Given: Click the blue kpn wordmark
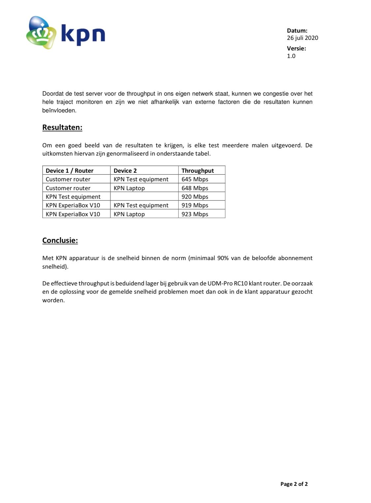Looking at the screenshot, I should click(x=83, y=34).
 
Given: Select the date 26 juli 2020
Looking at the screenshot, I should click(x=302, y=38).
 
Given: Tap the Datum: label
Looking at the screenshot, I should click(x=297, y=31).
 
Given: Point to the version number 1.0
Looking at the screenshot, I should click(x=291, y=56).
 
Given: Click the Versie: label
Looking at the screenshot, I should click(x=296, y=48).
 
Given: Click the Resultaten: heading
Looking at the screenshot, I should click(x=62, y=128).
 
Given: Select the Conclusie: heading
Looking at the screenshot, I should click(x=60, y=240).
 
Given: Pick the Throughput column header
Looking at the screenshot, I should click(x=198, y=170).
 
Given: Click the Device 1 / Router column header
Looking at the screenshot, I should click(x=70, y=170).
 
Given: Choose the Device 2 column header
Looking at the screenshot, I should click(x=125, y=170).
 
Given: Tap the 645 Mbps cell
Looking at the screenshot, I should click(x=195, y=179).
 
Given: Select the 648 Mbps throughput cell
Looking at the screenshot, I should click(x=195, y=188).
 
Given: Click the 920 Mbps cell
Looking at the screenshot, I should click(x=195, y=197).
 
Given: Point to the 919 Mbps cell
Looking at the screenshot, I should click(x=195, y=205).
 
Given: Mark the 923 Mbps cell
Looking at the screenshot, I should click(x=195, y=214).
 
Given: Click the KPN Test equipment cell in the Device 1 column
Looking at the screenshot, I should click(x=73, y=197).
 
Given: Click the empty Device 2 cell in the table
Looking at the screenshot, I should click(x=144, y=197).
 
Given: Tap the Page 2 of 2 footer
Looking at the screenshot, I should click(x=294, y=484).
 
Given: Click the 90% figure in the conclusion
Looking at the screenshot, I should click(x=223, y=258).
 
